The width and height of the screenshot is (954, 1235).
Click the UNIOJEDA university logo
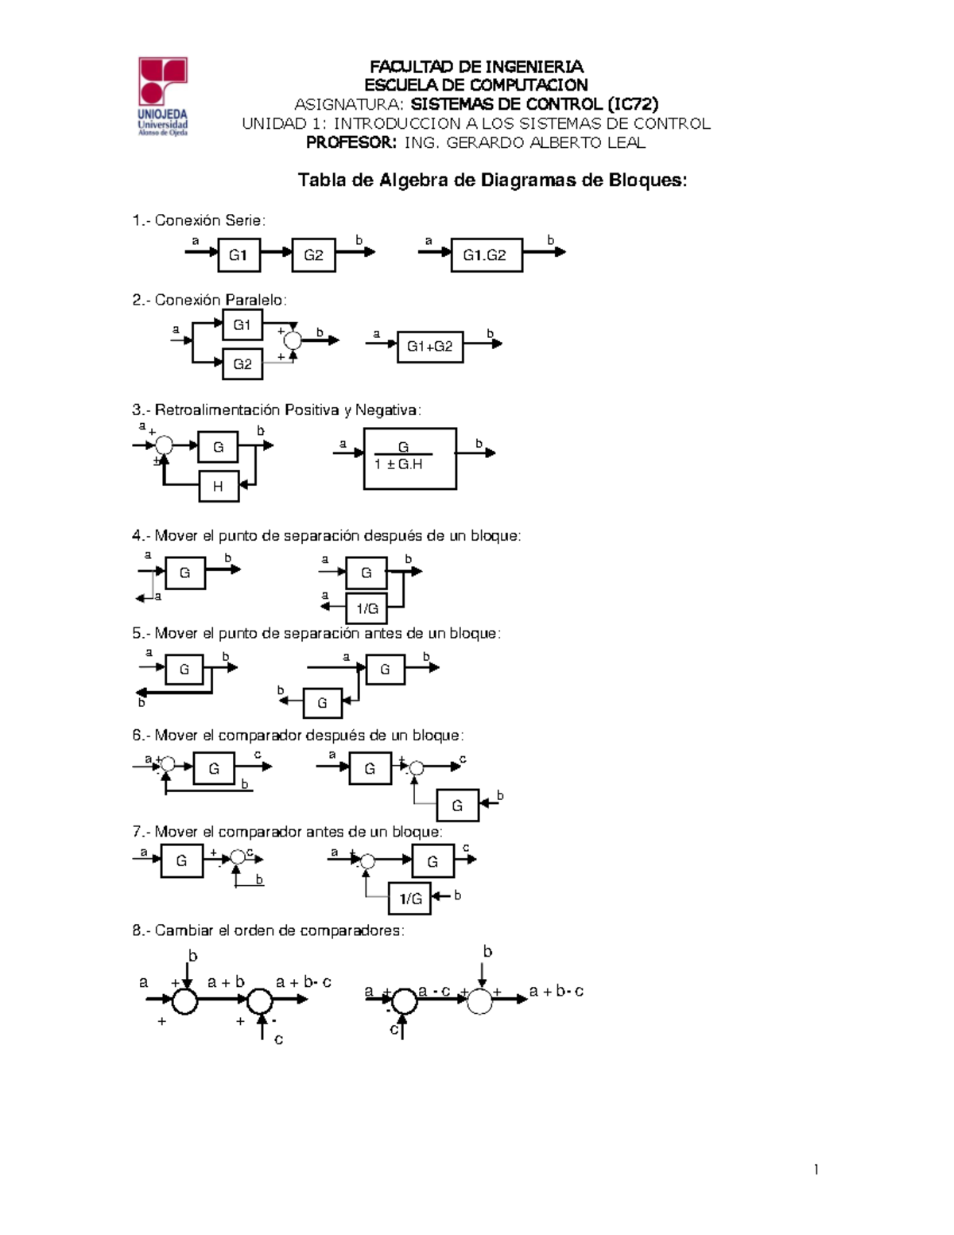pos(163,96)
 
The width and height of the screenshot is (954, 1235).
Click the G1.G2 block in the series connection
pos(487,255)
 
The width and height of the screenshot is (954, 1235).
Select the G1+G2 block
pos(430,347)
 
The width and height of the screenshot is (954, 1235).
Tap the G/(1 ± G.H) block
pos(409,458)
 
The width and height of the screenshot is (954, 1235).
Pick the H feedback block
pos(219,487)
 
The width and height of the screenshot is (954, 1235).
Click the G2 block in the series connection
pos(313,255)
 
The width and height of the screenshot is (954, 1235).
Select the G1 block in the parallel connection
pos(242,325)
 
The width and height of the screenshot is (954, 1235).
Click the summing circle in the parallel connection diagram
pos(293,340)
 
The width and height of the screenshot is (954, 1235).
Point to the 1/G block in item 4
pos(367,609)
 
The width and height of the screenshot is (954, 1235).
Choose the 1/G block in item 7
pos(410,899)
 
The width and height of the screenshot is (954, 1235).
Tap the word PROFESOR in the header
pos(351,143)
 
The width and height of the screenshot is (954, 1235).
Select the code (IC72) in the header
pos(632,104)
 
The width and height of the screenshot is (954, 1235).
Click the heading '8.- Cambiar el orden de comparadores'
pos(268,930)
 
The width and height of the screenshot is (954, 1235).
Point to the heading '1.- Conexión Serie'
pos(199,220)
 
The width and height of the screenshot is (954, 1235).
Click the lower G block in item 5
pos(322,703)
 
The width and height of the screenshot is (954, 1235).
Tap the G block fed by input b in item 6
pos(457,806)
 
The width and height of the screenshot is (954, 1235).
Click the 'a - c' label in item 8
pos(435,991)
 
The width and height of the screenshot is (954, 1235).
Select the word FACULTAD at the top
pos(413,67)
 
